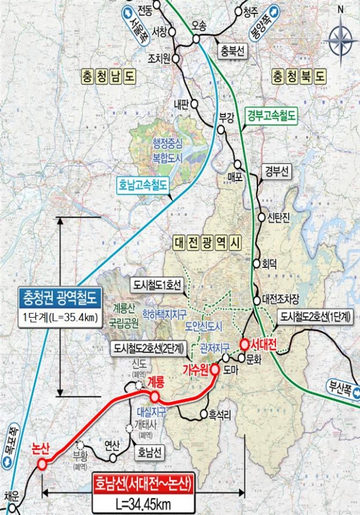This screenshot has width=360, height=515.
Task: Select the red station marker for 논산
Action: [41, 465]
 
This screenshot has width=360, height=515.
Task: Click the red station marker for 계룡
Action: [155, 397]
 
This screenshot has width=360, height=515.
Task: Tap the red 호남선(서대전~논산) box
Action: [143, 483]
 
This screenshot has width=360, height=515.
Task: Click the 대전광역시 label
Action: [206, 243]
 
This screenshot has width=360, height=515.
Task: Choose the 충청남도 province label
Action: [108, 77]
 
